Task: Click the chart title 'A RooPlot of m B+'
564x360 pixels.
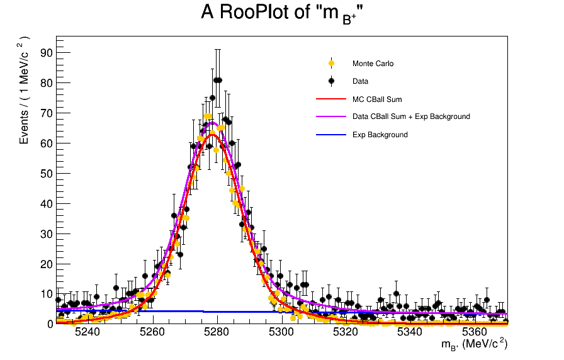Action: click(282, 13)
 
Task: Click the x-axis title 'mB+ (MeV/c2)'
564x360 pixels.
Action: click(474, 344)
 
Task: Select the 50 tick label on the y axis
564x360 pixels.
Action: click(47, 173)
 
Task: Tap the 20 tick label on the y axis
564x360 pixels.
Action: click(47, 264)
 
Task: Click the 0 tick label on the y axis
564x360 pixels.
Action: click(50, 324)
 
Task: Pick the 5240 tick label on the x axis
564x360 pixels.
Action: click(87, 332)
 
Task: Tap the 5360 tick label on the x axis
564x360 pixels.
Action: click(475, 332)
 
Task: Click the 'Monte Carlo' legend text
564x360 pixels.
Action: click(373, 64)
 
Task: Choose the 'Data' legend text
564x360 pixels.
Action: click(360, 81)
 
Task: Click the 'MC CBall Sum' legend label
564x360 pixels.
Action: click(377, 99)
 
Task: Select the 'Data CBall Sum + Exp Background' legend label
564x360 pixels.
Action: click(411, 116)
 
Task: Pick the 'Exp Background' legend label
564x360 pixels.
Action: click(380, 135)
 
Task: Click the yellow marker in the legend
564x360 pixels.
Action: click(331, 64)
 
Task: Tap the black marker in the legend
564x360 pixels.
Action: click(331, 81)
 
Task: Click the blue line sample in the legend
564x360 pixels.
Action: click(331, 135)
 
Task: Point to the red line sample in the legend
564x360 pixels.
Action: click(331, 99)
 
